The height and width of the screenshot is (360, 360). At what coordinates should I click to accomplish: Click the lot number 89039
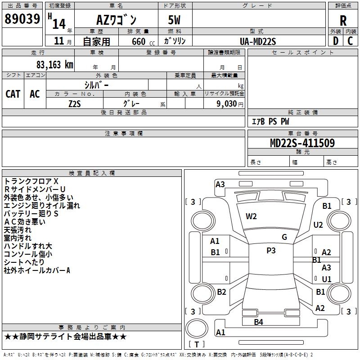coord(22,19)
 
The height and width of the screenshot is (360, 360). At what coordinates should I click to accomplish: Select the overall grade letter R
coord(343,21)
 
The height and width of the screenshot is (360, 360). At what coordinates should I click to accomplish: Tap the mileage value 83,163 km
coord(54,65)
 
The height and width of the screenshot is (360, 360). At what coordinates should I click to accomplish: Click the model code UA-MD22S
coord(257,41)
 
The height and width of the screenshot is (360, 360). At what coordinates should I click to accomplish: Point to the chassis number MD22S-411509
coord(302,143)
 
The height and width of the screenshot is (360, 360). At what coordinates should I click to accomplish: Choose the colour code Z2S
coord(75,104)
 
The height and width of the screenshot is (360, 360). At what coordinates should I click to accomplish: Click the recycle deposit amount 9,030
coord(227,103)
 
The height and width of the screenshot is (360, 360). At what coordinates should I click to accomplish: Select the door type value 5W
coord(174,20)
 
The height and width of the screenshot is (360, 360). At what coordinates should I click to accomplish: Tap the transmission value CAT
coord(13,94)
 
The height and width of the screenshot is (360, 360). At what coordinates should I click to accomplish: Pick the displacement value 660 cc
coord(143,42)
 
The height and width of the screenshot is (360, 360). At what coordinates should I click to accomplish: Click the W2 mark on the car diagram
coord(251,216)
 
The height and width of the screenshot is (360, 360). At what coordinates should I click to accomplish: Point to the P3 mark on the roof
coord(271,251)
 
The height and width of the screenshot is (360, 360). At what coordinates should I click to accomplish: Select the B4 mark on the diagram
coord(258,322)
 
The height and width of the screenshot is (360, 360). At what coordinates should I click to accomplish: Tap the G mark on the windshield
coord(284,237)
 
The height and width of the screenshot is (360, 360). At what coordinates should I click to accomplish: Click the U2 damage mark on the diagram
coord(318,225)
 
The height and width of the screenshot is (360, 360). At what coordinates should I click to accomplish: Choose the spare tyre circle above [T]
coord(197,328)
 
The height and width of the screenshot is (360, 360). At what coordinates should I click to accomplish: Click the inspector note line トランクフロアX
coord(31,181)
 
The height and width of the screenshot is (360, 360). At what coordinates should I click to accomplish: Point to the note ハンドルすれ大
coord(28,246)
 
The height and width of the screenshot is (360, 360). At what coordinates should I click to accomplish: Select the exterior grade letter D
coord(335,41)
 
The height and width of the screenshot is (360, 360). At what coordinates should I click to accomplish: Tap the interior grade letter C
coord(350,41)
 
